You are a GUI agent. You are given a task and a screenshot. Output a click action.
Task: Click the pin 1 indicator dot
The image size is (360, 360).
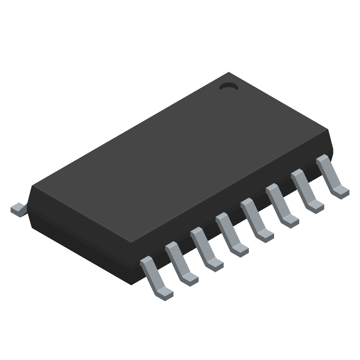tap(229, 86)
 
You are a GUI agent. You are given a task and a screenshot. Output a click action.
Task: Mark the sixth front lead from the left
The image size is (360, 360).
tap(282, 207)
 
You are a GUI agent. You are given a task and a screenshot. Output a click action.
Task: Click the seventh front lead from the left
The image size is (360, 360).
tap(307, 193)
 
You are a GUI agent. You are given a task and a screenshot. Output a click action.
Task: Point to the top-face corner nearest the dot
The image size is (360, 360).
tap(229, 73)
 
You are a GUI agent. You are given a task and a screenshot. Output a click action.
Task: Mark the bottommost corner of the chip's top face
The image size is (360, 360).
tap(130, 242)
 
